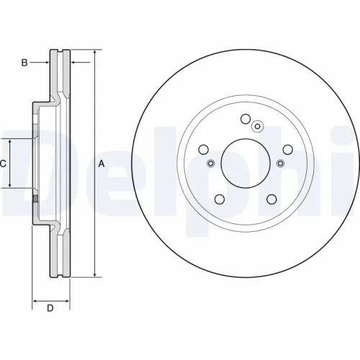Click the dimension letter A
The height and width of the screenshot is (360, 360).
click(x=102, y=163)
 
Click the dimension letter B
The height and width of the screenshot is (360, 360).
click(x=24, y=63)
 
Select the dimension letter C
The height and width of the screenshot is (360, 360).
click(x=3, y=163)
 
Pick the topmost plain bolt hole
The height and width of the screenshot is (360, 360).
click(x=245, y=120)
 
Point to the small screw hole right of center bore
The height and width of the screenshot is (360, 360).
click(x=280, y=163)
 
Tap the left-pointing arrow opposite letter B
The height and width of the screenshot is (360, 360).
click(x=74, y=63)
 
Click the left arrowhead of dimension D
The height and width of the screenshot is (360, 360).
click(x=36, y=299)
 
